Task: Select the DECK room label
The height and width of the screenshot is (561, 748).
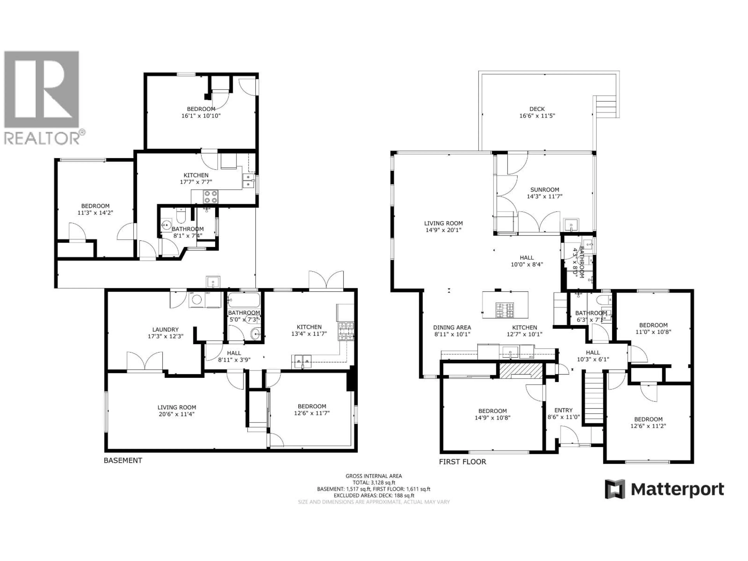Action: tap(537, 109)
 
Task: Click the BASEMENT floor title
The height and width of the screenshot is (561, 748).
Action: tap(123, 460)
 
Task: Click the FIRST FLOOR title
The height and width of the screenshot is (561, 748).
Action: tap(462, 462)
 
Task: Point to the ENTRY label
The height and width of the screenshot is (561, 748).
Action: tap(563, 410)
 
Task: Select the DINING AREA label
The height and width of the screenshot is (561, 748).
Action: tap(452, 327)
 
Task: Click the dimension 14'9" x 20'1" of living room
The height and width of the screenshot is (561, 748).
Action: tap(443, 230)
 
